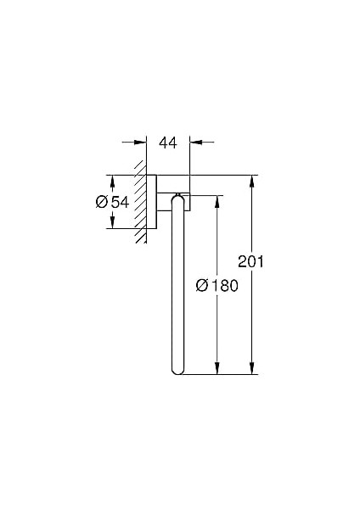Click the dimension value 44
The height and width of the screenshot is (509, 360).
tap(168, 143)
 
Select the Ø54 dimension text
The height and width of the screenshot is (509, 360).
tap(113, 202)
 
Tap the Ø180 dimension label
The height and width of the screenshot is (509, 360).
tap(217, 286)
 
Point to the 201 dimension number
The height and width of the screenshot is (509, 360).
tap(250, 261)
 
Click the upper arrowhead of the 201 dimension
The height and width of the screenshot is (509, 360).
tap(251, 182)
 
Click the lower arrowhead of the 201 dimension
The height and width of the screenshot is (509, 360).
tap(251, 368)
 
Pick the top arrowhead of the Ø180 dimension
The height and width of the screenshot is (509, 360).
tap(217, 202)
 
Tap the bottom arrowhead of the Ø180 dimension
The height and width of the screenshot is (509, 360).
tap(217, 368)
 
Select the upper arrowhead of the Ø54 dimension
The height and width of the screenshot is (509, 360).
tap(112, 182)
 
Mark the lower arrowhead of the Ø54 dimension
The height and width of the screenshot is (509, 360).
tap(112, 222)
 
